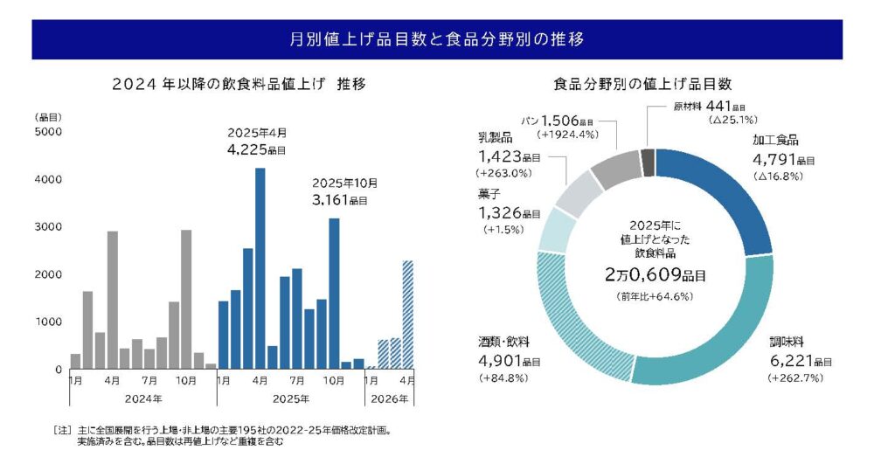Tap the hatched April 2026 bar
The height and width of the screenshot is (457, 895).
(x=407, y=315)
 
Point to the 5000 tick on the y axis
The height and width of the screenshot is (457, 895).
(x=47, y=132)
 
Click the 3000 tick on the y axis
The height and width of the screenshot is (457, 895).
(x=47, y=227)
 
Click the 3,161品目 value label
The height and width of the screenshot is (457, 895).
(x=344, y=200)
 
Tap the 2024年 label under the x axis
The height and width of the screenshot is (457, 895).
(x=143, y=398)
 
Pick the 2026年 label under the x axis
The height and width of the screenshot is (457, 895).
(x=389, y=398)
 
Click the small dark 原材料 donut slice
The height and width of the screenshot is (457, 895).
(x=648, y=163)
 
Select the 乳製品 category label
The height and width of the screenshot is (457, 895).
(x=495, y=139)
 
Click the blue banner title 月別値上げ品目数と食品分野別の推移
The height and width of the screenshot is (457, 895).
(x=437, y=39)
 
